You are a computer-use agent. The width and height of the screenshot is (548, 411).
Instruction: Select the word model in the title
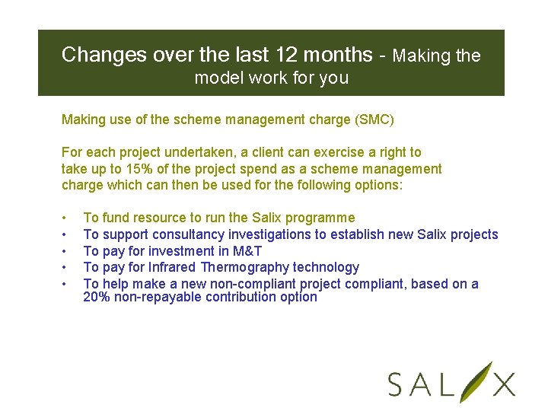(215, 78)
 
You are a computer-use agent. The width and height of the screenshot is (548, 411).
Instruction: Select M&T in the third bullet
(247, 251)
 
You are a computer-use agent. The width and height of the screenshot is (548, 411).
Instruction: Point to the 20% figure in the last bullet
(96, 297)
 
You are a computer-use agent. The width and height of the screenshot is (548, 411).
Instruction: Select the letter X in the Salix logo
(503, 384)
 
